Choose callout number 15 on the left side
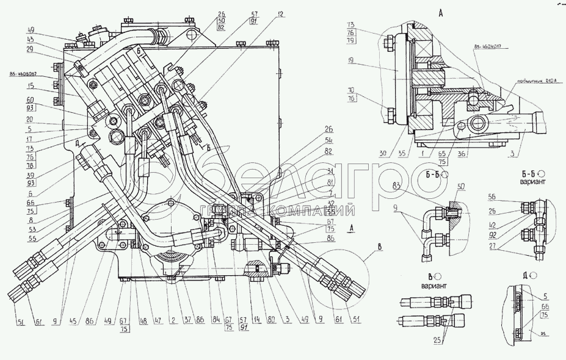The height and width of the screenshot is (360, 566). click(30, 87)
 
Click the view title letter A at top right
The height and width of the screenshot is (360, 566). click(441, 12)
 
